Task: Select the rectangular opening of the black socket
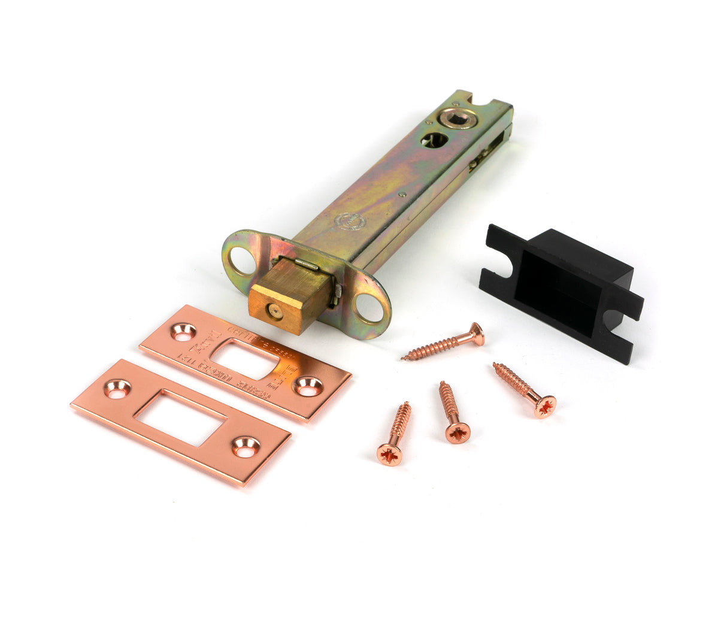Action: [555, 296]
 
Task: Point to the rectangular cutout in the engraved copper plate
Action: [246, 358]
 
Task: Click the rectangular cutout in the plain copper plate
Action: [180, 417]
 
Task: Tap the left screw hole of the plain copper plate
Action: [117, 389]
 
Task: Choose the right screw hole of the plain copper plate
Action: [246, 446]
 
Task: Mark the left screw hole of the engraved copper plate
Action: [183, 331]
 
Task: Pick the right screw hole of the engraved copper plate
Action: [308, 386]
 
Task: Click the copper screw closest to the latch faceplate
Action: [443, 343]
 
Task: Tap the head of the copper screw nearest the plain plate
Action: [389, 454]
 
